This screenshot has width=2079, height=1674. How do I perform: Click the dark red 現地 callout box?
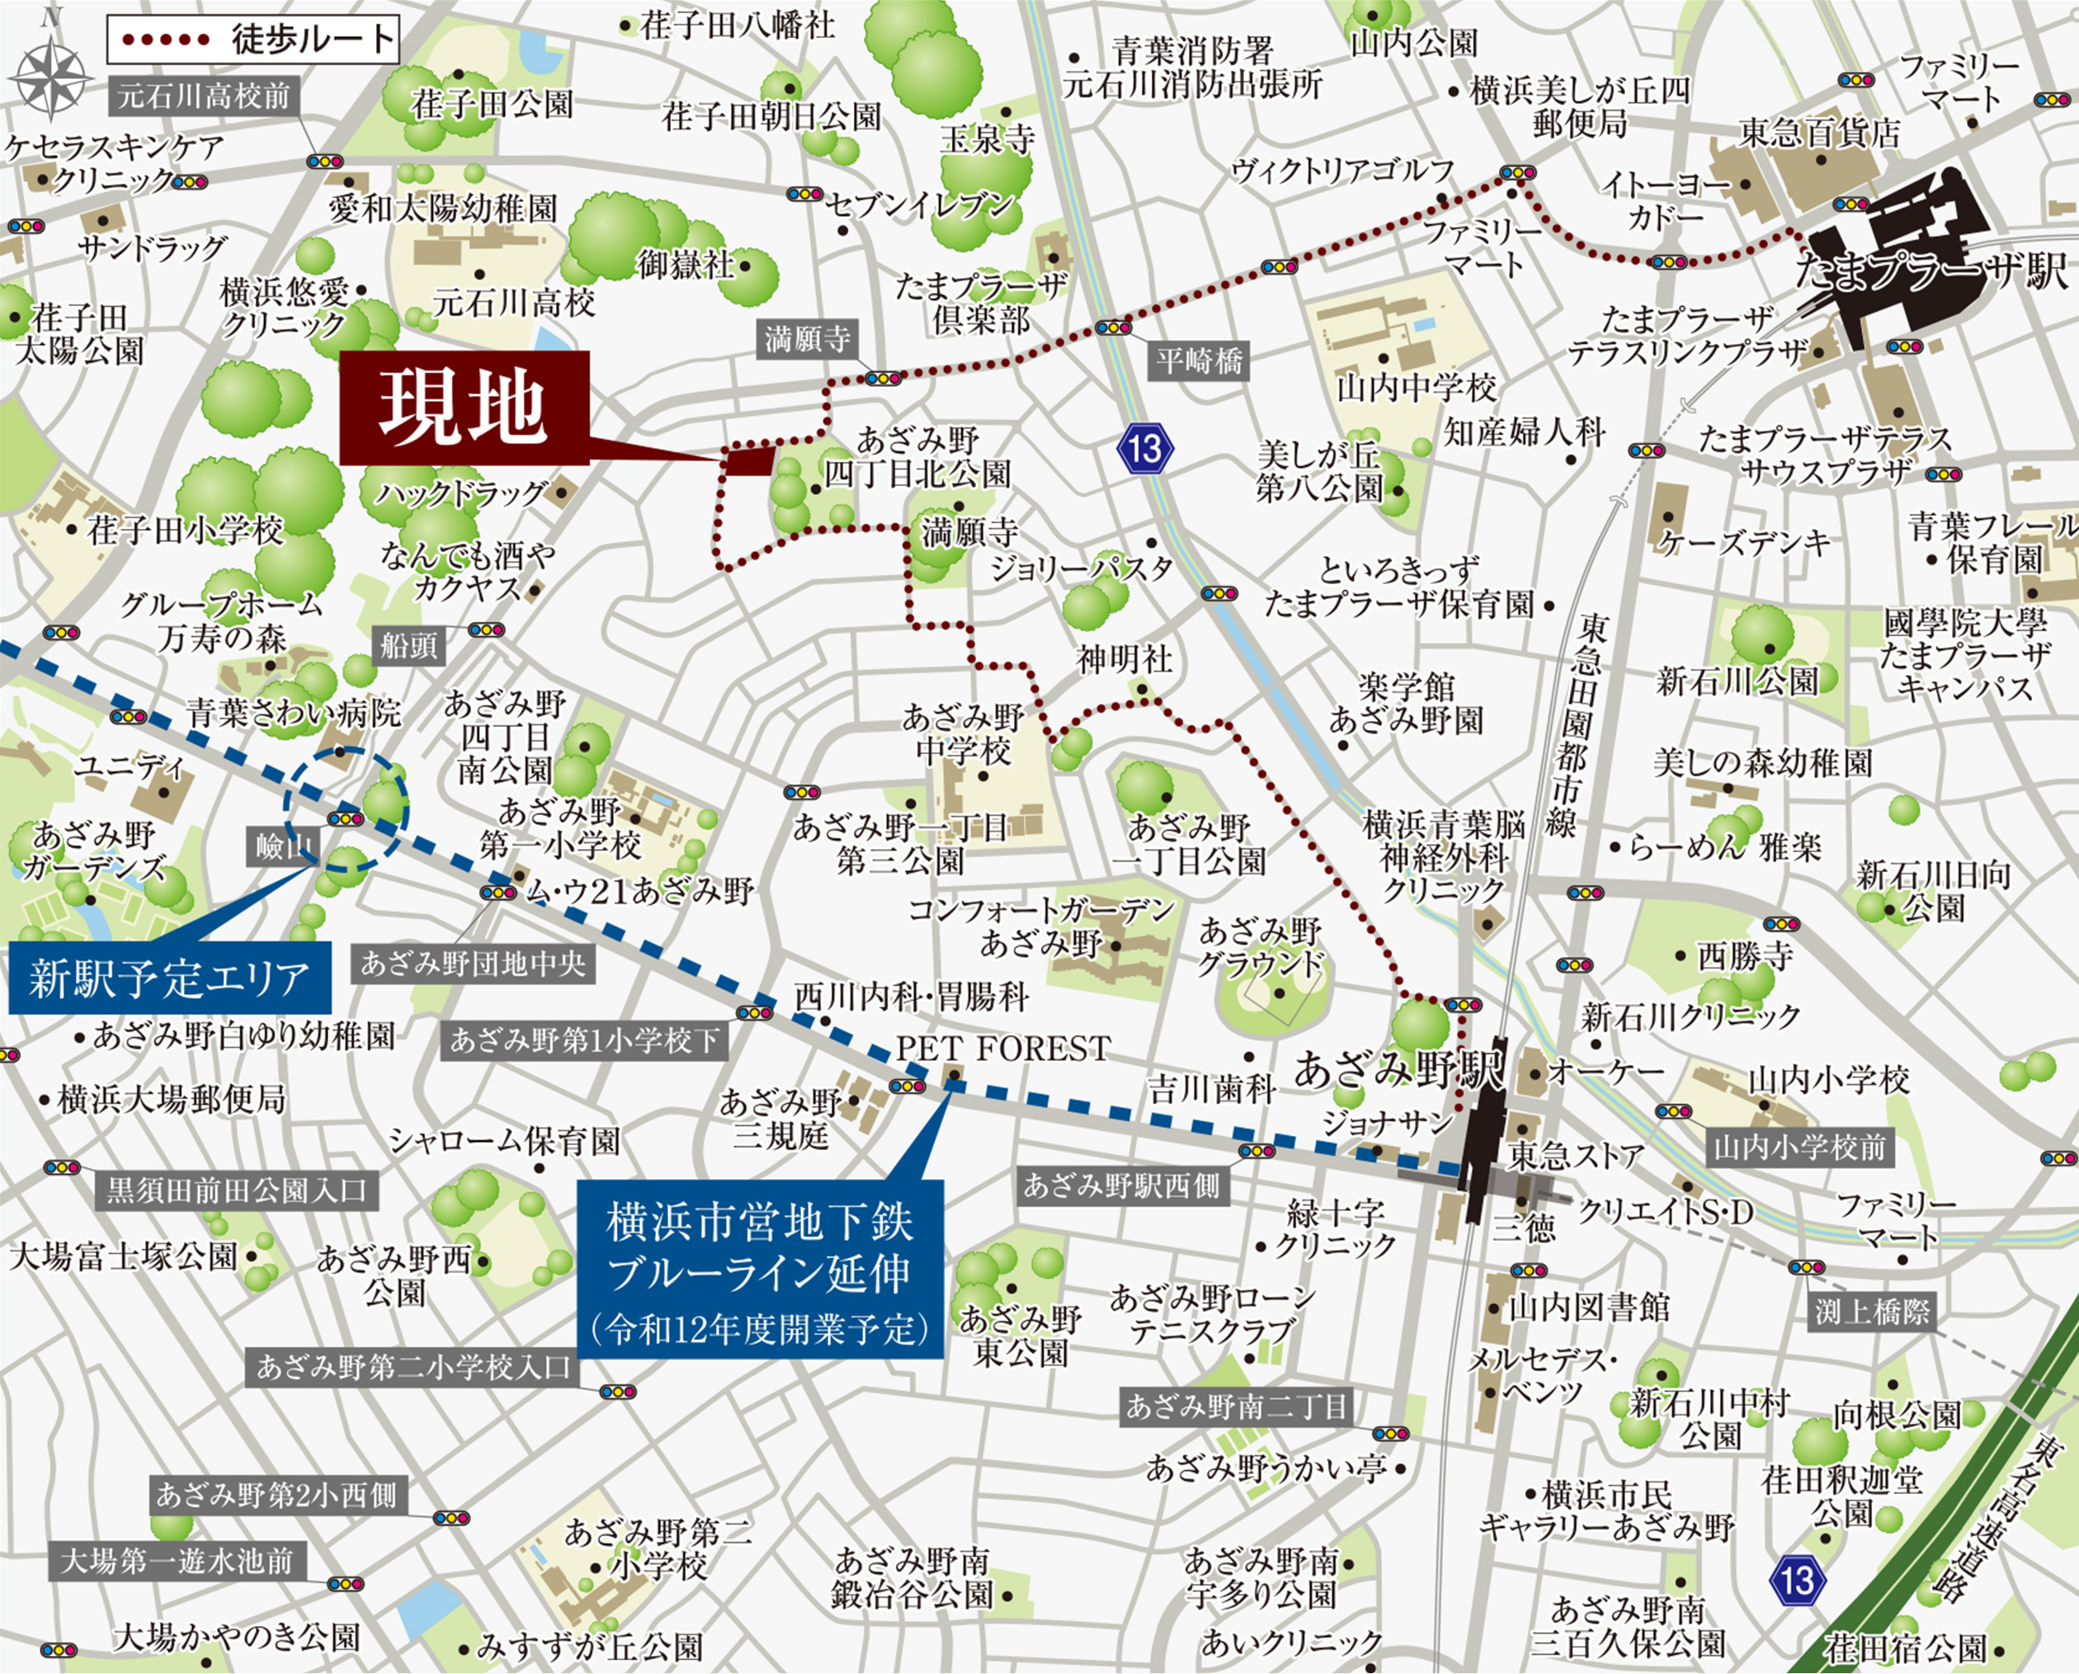click(464, 408)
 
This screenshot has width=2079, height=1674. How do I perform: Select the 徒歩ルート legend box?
click(252, 40)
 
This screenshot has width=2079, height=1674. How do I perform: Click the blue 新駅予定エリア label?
click(169, 978)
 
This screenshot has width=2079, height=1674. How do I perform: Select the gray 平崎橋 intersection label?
click(1200, 361)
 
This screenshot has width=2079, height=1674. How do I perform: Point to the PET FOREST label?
click(1003, 1048)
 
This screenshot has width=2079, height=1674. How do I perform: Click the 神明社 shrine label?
click(1124, 659)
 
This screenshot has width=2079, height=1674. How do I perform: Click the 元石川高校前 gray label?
click(204, 97)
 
